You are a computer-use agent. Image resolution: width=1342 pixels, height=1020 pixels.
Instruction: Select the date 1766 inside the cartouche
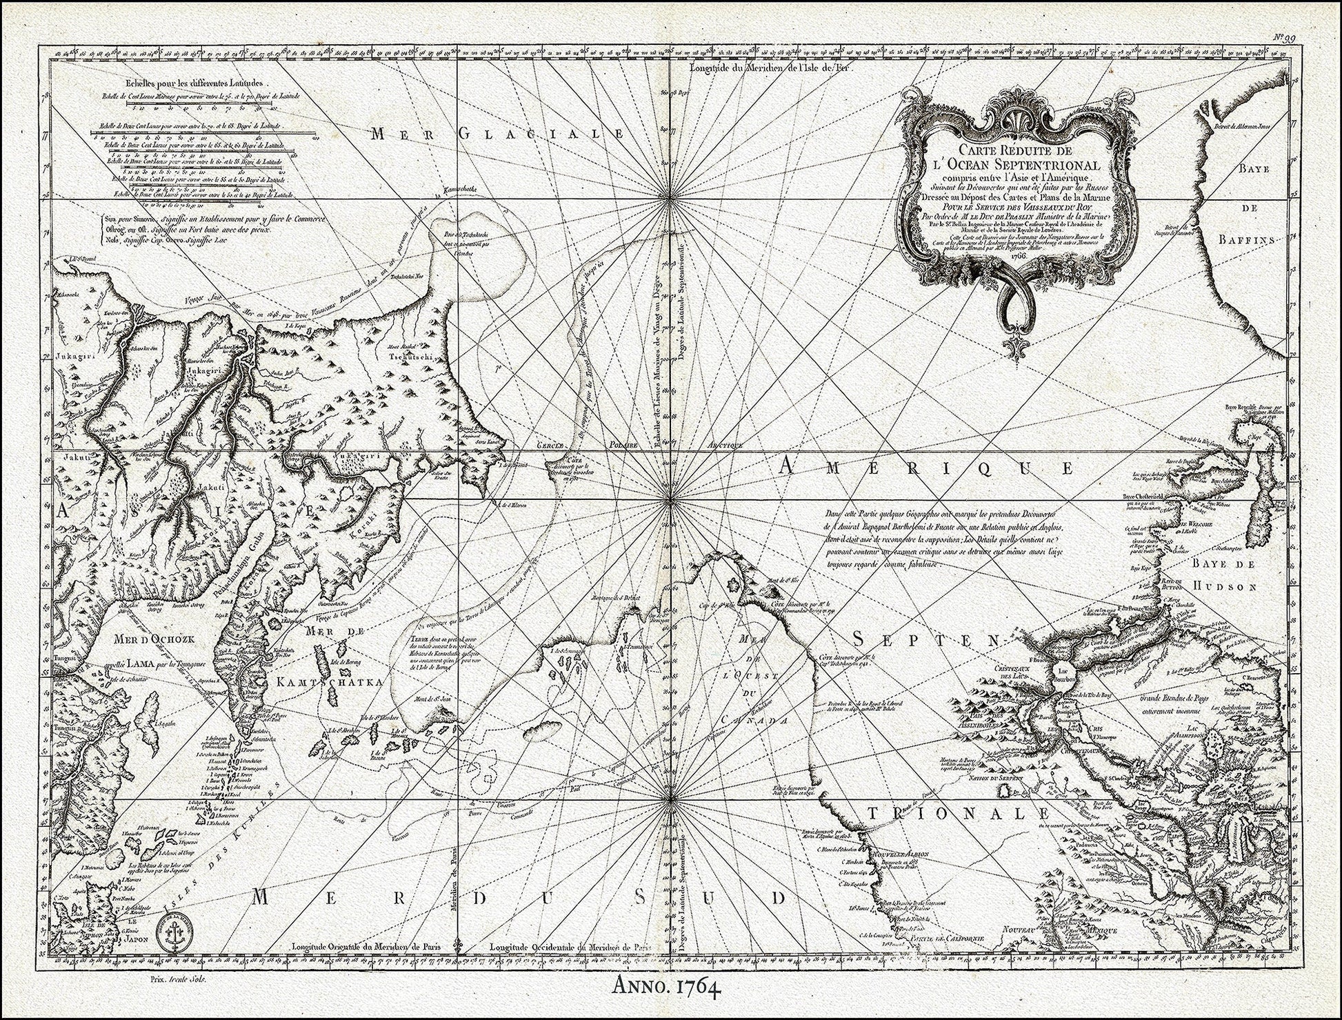[x=1017, y=254]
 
